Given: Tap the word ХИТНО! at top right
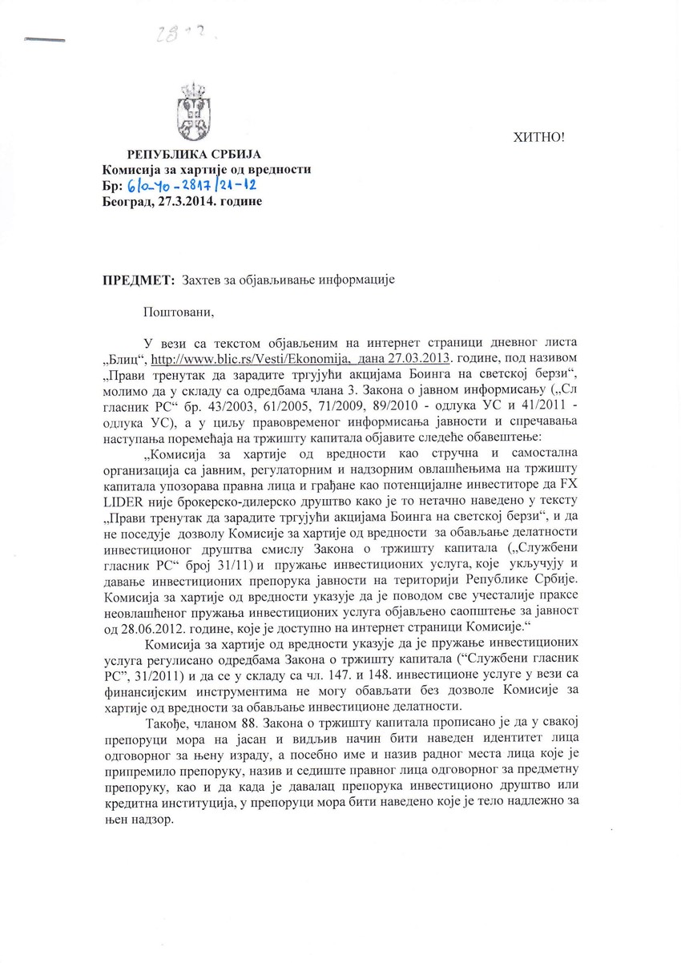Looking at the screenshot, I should coord(538,137).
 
